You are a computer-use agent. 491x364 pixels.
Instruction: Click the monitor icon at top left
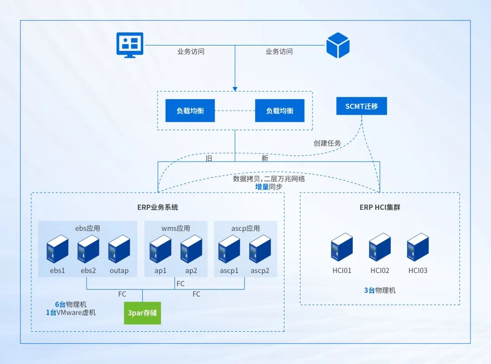[130, 45]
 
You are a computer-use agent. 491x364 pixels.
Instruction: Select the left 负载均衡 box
[190, 111]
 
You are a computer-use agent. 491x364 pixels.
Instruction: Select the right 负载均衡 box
[280, 111]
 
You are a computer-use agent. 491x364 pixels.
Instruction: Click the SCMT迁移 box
[361, 106]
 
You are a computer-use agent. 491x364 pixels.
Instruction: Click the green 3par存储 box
[142, 313]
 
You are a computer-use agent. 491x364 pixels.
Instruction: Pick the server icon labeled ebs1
[58, 249]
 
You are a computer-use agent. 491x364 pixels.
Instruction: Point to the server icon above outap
[119, 249]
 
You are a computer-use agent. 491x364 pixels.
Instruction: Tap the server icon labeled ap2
[191, 249]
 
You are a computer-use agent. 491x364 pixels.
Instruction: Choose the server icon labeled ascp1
[229, 249]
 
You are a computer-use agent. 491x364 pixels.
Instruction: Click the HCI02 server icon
[380, 248]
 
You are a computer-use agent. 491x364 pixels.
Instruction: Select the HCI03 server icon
[417, 248]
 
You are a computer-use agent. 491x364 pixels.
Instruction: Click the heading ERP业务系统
[158, 207]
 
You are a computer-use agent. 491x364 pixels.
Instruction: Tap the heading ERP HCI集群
[380, 207]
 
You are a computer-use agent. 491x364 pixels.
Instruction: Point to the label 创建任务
[327, 143]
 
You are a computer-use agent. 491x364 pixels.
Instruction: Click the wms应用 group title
[176, 228]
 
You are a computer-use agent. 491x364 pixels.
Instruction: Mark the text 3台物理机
[380, 290]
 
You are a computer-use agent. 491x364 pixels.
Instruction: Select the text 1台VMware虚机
[71, 313]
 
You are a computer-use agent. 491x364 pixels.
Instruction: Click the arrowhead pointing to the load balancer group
[235, 88]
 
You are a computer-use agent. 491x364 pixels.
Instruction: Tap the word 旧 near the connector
[209, 158]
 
